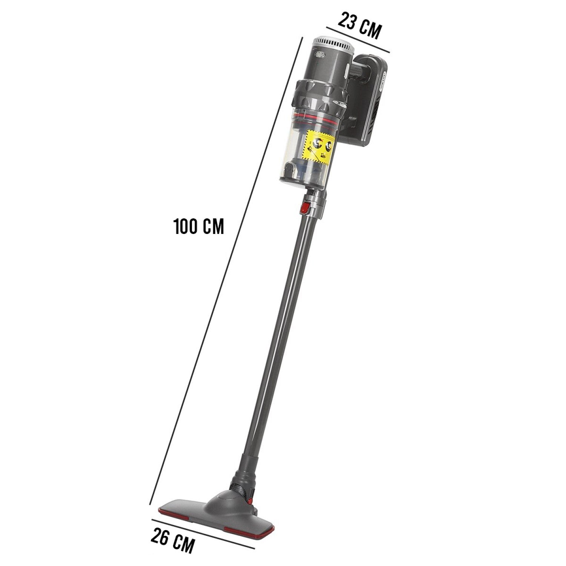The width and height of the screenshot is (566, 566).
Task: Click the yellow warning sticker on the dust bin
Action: click(x=320, y=147)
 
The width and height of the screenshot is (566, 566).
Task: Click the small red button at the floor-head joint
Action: click(x=250, y=500)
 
